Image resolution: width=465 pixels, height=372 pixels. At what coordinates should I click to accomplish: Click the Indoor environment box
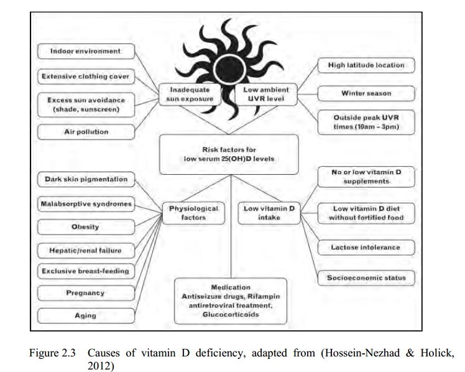click(x=85, y=50)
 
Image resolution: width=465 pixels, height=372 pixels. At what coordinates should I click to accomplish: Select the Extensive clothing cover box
click(x=85, y=77)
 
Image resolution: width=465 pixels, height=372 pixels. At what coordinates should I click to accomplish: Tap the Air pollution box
click(x=85, y=132)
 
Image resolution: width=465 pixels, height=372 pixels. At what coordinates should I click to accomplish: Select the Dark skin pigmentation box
click(x=86, y=180)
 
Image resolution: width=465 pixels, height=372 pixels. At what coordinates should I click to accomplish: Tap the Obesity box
click(x=85, y=226)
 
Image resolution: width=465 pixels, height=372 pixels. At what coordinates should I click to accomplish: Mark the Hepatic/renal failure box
click(x=85, y=251)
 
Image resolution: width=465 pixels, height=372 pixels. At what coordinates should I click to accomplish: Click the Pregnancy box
click(x=85, y=292)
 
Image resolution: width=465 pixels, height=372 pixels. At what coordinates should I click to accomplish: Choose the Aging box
click(x=85, y=315)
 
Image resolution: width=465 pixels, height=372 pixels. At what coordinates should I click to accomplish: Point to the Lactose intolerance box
click(x=365, y=247)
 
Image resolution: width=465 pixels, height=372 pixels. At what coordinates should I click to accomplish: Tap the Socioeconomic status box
click(x=365, y=277)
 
